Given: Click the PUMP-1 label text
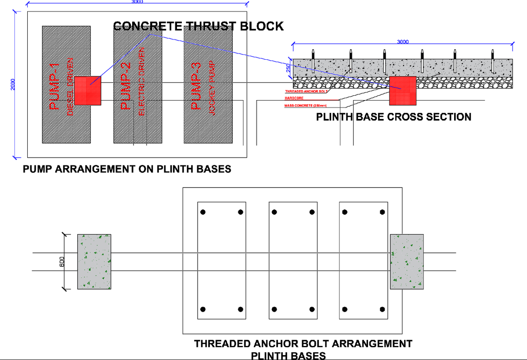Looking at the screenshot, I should point(54,86).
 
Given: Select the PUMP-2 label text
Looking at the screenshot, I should point(126,86).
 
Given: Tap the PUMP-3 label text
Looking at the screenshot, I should point(196,86).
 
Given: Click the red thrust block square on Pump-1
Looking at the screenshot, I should point(88,90).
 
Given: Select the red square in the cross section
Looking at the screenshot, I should point(402,90).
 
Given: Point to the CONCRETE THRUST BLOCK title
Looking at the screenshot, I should point(199,26).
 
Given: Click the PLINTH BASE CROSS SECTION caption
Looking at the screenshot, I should point(393,117).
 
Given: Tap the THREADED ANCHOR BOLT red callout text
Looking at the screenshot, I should point(307,91).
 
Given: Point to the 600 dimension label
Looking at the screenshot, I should point(62,262).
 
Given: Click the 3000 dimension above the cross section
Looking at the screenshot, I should point(403,42).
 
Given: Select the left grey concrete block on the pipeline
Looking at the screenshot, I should point(94,262).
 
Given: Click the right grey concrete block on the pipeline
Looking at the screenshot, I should point(407,262).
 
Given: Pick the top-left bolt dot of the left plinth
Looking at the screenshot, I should point(203,212).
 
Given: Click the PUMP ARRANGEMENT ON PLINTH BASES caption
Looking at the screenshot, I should point(127,169).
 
